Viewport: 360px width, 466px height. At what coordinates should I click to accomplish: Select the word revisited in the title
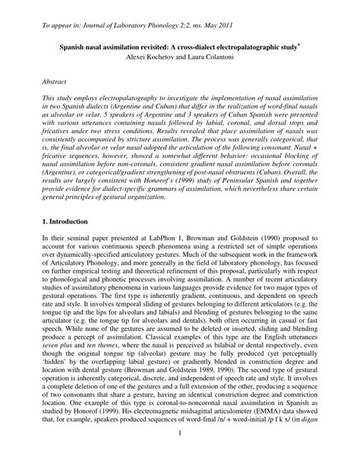coord(150,46)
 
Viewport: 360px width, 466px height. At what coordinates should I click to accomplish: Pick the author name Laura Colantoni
coord(209,56)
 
